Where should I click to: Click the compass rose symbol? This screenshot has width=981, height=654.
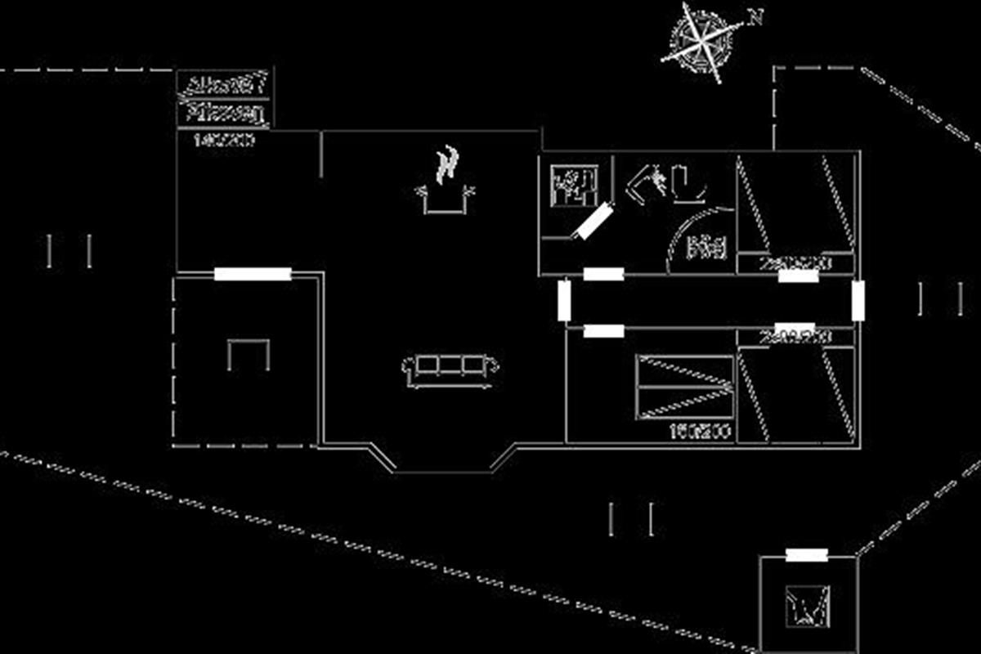pyautogui.click(x=701, y=40)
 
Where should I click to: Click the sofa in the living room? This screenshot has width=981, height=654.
pyautogui.click(x=450, y=369)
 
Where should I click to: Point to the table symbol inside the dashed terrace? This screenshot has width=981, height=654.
pyautogui.click(x=249, y=355)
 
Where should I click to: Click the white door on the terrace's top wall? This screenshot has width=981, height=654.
pyautogui.click(x=253, y=274)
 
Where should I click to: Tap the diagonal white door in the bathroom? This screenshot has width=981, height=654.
pyautogui.click(x=591, y=221)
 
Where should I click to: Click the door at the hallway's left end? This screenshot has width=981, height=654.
pyautogui.click(x=564, y=301)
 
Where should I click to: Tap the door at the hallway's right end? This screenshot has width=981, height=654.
pyautogui.click(x=858, y=300)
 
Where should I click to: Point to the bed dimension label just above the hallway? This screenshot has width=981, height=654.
pyautogui.click(x=795, y=263)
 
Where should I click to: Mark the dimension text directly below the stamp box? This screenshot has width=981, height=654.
pyautogui.click(x=223, y=141)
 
